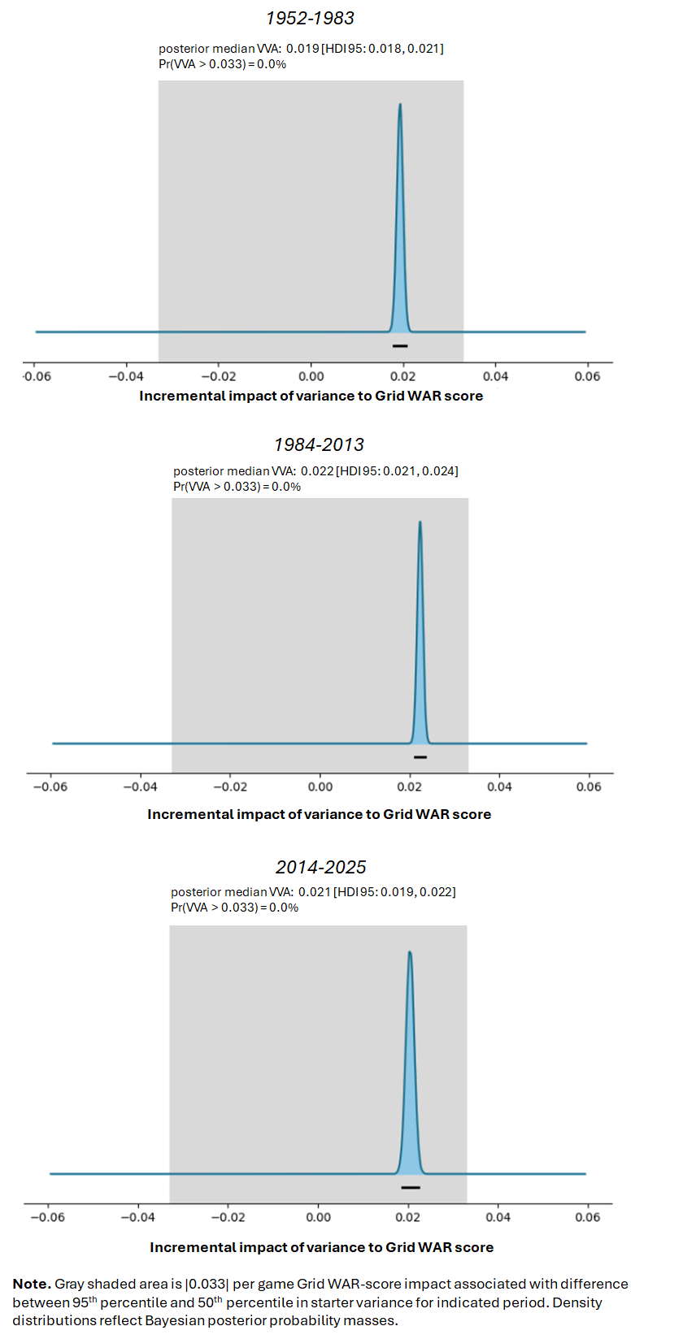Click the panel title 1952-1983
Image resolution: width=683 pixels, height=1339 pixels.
click(x=310, y=19)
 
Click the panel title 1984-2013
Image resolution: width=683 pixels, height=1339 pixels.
click(x=319, y=444)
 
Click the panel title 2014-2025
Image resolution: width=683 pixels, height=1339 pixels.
click(x=320, y=867)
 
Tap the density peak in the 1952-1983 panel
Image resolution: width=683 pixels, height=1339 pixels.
click(x=400, y=105)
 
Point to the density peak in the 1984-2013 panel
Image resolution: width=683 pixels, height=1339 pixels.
click(x=420, y=522)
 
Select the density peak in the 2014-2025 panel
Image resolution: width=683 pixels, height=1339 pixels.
click(x=410, y=951)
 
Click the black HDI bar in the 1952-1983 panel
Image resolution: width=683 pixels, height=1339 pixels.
click(x=400, y=346)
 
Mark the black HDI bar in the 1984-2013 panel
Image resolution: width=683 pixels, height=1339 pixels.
click(x=420, y=757)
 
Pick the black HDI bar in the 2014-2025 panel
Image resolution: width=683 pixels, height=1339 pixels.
click(x=411, y=1187)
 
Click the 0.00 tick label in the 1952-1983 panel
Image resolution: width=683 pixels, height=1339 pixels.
click(x=311, y=377)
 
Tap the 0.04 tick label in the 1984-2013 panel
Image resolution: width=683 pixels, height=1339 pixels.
click(x=499, y=786)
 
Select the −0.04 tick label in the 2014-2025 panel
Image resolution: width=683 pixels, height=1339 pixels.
click(x=138, y=1217)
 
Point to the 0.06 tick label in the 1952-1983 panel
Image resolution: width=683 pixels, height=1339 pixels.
click(x=587, y=377)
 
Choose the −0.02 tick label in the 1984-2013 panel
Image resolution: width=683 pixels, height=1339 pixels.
click(x=230, y=786)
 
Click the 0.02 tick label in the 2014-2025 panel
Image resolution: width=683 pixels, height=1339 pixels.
click(x=408, y=1217)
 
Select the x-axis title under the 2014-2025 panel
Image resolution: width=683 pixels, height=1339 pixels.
click(x=322, y=1247)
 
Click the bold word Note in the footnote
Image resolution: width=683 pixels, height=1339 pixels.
click(x=32, y=1284)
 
